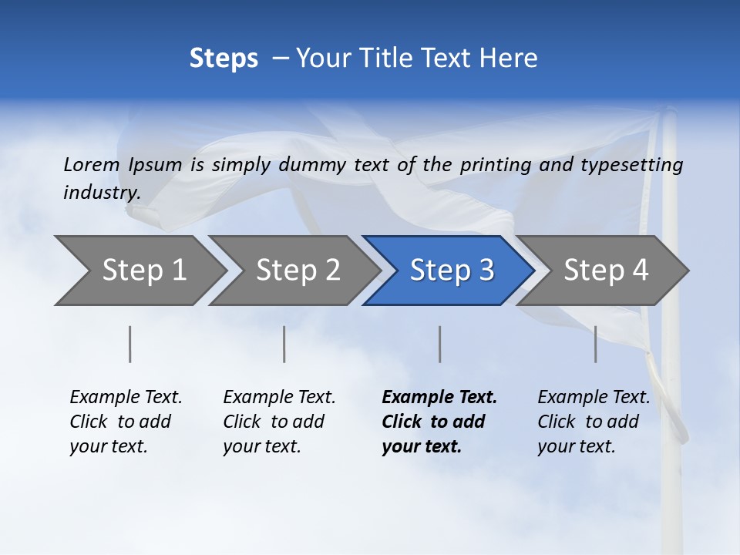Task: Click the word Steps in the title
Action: click(224, 59)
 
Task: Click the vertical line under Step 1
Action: click(130, 344)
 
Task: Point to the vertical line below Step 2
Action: click(284, 344)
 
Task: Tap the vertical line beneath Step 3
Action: click(440, 344)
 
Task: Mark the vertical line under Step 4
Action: click(596, 344)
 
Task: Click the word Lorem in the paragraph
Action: click(92, 164)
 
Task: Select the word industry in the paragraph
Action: click(102, 193)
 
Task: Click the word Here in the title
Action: click(508, 59)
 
